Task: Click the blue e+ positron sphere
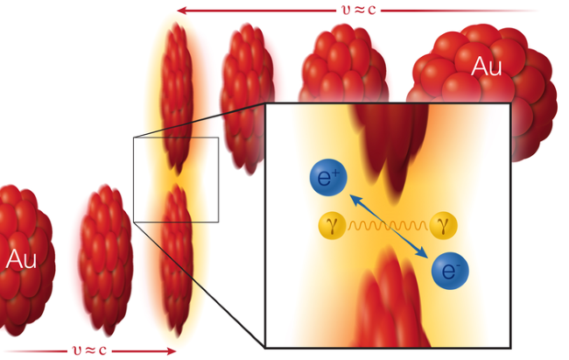(328, 178)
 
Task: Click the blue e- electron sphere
(450, 271)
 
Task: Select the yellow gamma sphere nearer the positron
(332, 226)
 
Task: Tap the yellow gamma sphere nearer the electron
(443, 226)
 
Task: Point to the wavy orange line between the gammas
(388, 226)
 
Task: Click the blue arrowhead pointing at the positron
(355, 201)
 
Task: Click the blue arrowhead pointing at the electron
(422, 252)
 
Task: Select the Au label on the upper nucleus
(486, 66)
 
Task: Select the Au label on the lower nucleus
(21, 259)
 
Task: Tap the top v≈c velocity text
(359, 10)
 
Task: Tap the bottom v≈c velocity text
(89, 350)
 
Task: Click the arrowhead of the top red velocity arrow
(181, 11)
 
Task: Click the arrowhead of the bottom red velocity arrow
(172, 351)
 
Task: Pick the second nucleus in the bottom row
(106, 260)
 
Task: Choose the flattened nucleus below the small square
(177, 260)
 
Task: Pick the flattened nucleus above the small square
(177, 98)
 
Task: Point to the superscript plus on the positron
(335, 173)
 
